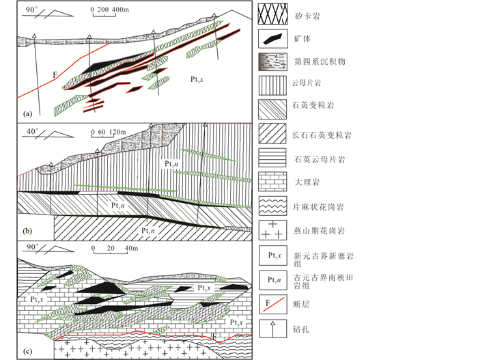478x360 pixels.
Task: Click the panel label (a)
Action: pos(28,112)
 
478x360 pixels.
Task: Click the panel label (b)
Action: pos(28,229)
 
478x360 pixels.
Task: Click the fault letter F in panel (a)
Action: pos(53,74)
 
